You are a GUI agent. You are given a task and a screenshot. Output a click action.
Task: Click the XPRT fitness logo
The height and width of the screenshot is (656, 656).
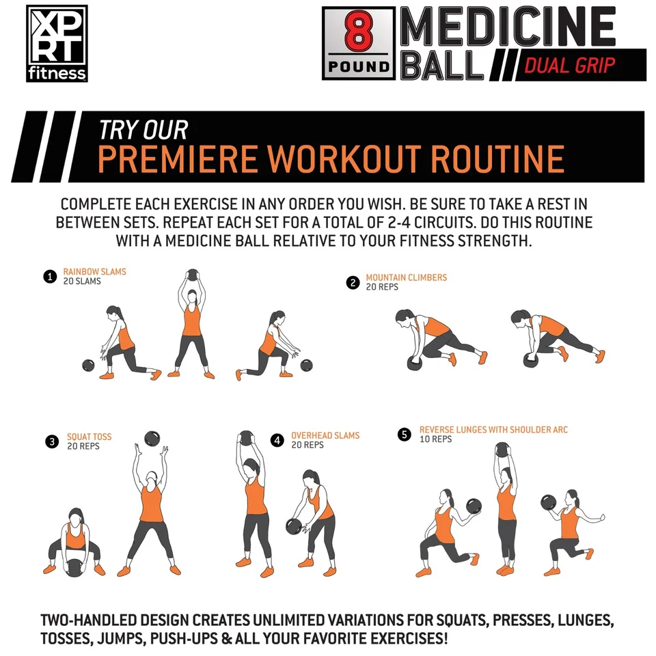(57, 44)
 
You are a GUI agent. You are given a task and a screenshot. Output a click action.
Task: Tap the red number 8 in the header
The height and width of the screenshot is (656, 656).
(358, 33)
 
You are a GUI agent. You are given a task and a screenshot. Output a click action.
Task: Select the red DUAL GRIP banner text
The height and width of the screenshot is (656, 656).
(570, 66)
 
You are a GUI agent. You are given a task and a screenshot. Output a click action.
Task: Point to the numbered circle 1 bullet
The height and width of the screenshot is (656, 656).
(49, 277)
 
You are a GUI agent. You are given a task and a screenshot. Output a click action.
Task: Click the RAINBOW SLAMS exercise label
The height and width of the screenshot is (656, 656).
(94, 272)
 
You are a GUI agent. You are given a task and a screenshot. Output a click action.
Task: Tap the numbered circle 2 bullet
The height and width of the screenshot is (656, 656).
(353, 282)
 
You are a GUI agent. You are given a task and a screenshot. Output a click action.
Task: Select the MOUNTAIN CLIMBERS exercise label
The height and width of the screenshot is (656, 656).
(406, 277)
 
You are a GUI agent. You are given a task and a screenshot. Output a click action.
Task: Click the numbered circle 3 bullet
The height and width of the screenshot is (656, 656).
(53, 441)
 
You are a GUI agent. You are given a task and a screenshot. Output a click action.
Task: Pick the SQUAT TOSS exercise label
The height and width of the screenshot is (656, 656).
(89, 437)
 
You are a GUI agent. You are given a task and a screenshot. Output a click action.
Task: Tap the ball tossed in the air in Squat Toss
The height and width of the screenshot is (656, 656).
(152, 439)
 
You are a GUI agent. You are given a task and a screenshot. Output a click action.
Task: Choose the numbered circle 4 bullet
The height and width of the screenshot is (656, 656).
(277, 441)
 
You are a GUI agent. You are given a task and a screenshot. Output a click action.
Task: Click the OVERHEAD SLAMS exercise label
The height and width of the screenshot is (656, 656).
(325, 436)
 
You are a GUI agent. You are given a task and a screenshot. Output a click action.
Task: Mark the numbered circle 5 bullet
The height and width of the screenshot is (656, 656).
(405, 435)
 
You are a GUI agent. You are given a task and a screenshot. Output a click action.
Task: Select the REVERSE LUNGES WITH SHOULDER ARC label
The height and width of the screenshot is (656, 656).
(493, 430)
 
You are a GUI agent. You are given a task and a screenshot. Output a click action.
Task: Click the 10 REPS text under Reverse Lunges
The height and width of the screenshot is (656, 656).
(435, 439)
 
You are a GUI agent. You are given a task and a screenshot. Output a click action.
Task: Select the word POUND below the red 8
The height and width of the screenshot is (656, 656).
(358, 67)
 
